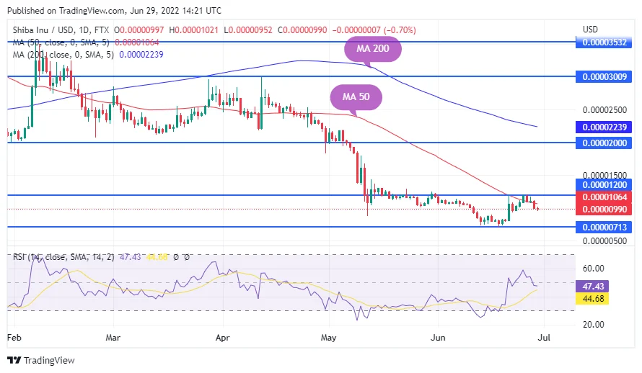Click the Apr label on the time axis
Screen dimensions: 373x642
222,336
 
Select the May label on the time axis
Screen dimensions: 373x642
329,336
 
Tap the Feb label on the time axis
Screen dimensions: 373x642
14,336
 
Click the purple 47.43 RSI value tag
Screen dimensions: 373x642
596,286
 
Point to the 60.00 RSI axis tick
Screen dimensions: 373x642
593,268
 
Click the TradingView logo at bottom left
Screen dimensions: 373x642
41,360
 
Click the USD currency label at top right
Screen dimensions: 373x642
590,29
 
